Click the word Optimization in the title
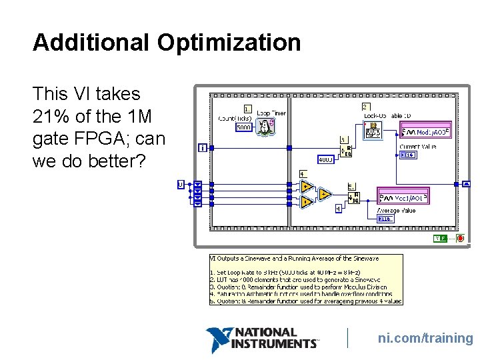[229, 43]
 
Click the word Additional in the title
[91, 43]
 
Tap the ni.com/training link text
[425, 338]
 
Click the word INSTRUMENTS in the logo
[275, 344]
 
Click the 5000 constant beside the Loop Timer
[244, 127]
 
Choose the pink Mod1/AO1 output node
[403, 197]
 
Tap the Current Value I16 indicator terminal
[407, 155]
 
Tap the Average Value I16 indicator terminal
[385, 219]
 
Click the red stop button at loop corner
[460, 239]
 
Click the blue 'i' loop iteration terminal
[203, 147]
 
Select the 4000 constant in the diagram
[325, 160]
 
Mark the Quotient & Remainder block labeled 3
[346, 151]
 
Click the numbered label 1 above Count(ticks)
[247, 109]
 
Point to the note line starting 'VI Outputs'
[295, 258]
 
